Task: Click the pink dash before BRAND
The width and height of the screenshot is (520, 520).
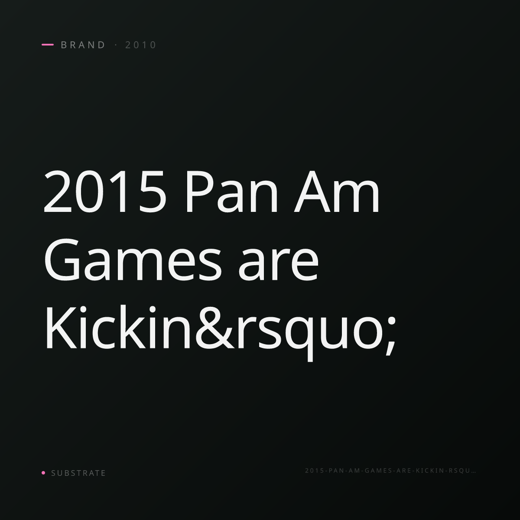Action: tap(48, 45)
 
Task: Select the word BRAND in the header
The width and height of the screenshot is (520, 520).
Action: tap(83, 45)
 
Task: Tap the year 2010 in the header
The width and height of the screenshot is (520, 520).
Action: tap(140, 45)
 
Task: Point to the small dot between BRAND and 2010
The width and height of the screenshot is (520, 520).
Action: tap(116, 45)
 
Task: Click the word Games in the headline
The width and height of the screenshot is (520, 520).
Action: tap(133, 260)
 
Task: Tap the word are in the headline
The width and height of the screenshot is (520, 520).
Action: tap(278, 263)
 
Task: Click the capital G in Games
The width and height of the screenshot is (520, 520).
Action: tap(62, 260)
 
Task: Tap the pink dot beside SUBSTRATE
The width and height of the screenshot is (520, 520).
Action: tap(43, 472)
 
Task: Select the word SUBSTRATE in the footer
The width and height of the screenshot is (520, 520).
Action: tap(78, 473)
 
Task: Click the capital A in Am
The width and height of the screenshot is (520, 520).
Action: tap(313, 192)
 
